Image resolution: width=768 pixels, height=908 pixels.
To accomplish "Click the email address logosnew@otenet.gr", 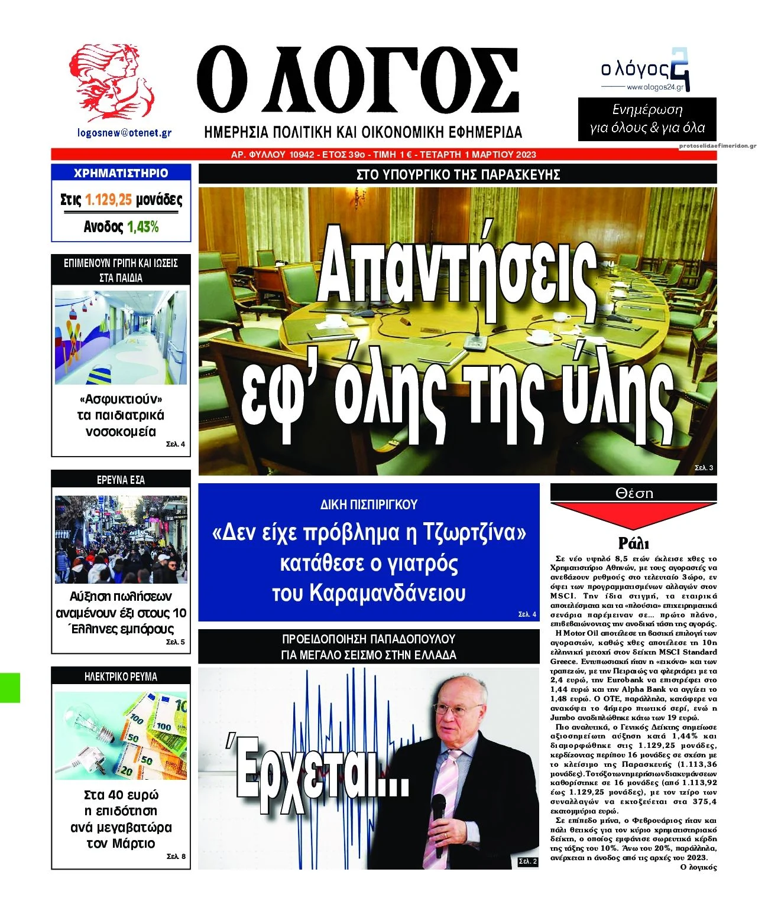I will point(124,132).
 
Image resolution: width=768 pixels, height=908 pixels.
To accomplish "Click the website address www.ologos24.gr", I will point(654,87).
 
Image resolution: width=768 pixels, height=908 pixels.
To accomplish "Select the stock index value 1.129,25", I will point(108,200).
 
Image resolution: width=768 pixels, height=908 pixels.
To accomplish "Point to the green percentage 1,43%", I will point(143,227).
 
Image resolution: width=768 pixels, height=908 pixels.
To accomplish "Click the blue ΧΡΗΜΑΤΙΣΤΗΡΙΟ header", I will point(121,173).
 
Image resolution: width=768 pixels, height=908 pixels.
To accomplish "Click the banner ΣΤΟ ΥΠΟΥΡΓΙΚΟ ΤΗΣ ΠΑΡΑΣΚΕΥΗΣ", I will point(458,175).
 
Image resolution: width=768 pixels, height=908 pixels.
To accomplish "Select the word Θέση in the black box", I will point(634,493).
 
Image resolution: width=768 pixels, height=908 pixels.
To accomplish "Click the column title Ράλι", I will point(633,543).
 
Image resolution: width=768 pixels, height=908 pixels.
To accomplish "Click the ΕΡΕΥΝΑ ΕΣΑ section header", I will point(121,480).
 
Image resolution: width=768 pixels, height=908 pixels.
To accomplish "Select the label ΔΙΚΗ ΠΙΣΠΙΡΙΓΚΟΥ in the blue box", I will point(368,505).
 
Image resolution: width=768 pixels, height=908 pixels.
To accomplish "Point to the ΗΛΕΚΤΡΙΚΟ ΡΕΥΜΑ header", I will point(121,676).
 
